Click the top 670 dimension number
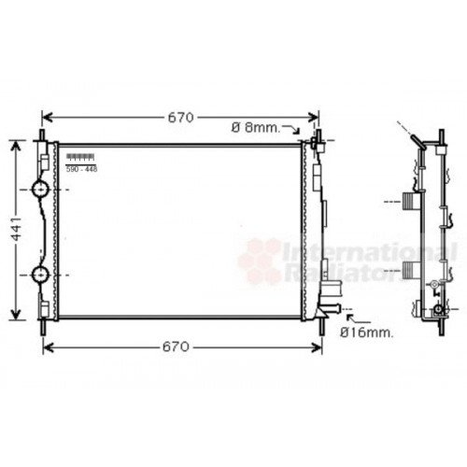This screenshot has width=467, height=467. coord(180,118)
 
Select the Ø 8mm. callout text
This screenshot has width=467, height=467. coord(254,127)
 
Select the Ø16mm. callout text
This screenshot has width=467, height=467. coord(366,332)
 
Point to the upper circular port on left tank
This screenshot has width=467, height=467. coord(41,190)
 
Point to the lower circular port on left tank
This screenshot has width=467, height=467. coord(41,276)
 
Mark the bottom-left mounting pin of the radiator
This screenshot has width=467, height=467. coord(42,327)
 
